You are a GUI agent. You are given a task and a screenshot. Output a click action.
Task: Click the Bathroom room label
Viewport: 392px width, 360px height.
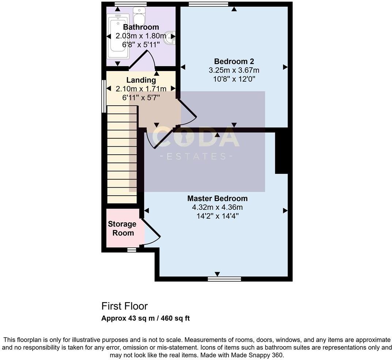(x=141, y=27)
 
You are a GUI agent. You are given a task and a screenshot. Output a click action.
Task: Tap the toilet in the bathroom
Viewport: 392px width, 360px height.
(x=139, y=15)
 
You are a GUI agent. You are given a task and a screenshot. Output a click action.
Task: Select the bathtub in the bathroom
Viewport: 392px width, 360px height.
(x=118, y=37)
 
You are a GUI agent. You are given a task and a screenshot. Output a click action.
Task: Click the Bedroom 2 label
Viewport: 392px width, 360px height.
(x=234, y=61)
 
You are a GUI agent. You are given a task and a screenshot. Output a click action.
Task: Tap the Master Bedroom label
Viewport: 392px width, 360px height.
(x=218, y=198)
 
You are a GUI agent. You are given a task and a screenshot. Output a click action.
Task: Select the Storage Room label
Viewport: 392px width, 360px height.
(x=122, y=228)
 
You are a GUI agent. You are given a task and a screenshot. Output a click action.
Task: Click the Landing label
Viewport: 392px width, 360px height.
(x=141, y=80)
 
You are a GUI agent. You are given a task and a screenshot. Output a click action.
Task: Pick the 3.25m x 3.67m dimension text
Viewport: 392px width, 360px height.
(x=234, y=70)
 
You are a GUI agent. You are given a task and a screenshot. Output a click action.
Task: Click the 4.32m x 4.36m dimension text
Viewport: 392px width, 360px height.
(x=218, y=207)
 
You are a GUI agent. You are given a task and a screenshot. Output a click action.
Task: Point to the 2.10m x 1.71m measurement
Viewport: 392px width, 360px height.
(x=141, y=89)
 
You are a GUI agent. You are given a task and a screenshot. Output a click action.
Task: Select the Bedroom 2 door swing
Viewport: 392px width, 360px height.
(x=188, y=113)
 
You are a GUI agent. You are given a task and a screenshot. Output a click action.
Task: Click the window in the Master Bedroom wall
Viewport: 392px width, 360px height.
(x=224, y=279)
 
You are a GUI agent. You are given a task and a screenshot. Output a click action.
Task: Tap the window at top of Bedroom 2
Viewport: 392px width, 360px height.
(x=208, y=4)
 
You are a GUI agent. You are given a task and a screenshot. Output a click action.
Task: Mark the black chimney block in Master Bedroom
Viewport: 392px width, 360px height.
(x=282, y=153)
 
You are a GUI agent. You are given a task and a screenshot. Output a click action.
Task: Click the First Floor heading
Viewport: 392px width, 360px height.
(x=124, y=306)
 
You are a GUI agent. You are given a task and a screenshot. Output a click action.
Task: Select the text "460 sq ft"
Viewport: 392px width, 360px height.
(x=175, y=318)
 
